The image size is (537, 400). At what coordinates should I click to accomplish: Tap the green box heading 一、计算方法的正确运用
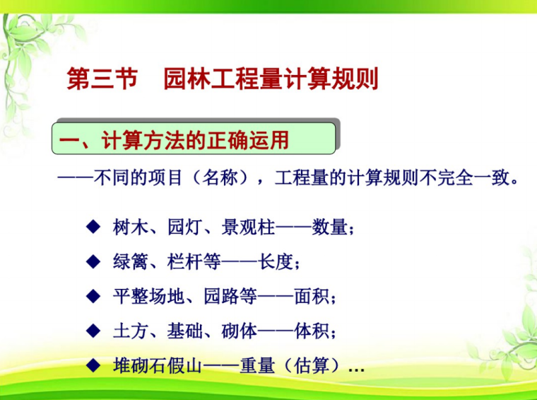(x=193, y=139)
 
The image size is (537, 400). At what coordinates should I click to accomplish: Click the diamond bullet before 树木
(x=92, y=227)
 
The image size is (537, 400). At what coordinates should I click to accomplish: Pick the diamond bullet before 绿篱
(x=92, y=261)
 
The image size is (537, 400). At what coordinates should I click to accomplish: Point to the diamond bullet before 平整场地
(x=92, y=296)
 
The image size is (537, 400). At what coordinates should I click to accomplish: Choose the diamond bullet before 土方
(x=92, y=330)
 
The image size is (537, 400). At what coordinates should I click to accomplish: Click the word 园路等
(x=230, y=297)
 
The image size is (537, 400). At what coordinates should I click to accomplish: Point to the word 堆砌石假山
(x=158, y=365)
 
